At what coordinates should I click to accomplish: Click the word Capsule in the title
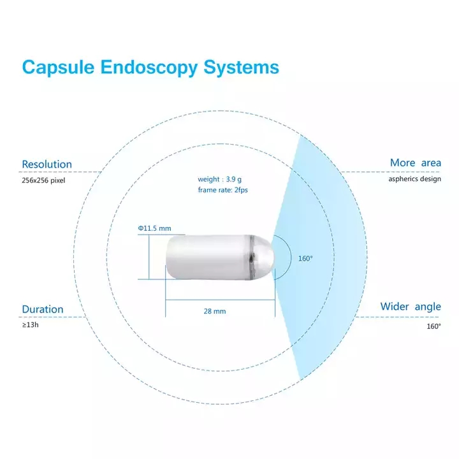pyautogui.click(x=59, y=68)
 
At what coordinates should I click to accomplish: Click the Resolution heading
pyautogui.click(x=47, y=164)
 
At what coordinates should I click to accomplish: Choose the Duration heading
pyautogui.click(x=43, y=309)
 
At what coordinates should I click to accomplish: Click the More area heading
pyautogui.click(x=415, y=163)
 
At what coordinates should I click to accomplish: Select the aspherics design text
pyautogui.click(x=414, y=178)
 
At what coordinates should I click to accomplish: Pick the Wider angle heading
pyautogui.click(x=411, y=307)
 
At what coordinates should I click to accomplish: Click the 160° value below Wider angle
pyautogui.click(x=433, y=326)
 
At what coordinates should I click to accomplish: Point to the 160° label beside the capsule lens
pyautogui.click(x=305, y=258)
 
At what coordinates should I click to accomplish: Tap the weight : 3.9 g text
pyautogui.click(x=220, y=180)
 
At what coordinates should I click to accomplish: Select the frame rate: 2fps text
pyautogui.click(x=222, y=190)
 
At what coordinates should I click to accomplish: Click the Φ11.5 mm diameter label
pyautogui.click(x=154, y=228)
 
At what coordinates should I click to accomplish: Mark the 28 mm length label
pyautogui.click(x=215, y=312)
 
